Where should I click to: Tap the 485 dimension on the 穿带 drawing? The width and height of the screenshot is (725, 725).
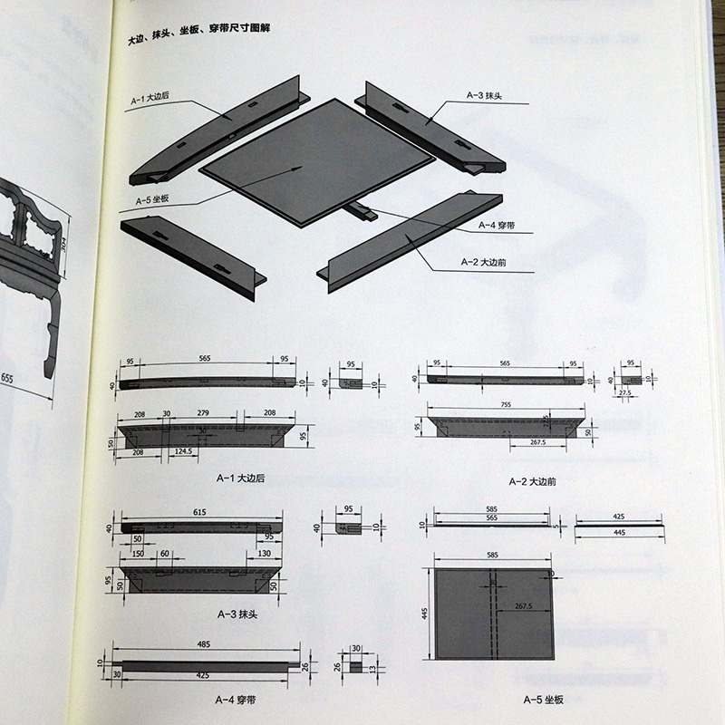pyautogui.click(x=207, y=645)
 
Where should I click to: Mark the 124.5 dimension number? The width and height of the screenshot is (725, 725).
pyautogui.click(x=188, y=450)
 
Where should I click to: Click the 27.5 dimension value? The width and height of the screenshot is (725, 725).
pyautogui.click(x=624, y=393)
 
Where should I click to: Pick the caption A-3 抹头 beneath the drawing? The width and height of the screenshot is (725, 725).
pyautogui.click(x=234, y=614)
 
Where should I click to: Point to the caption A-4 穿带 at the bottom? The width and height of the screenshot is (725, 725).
pyautogui.click(x=234, y=699)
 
